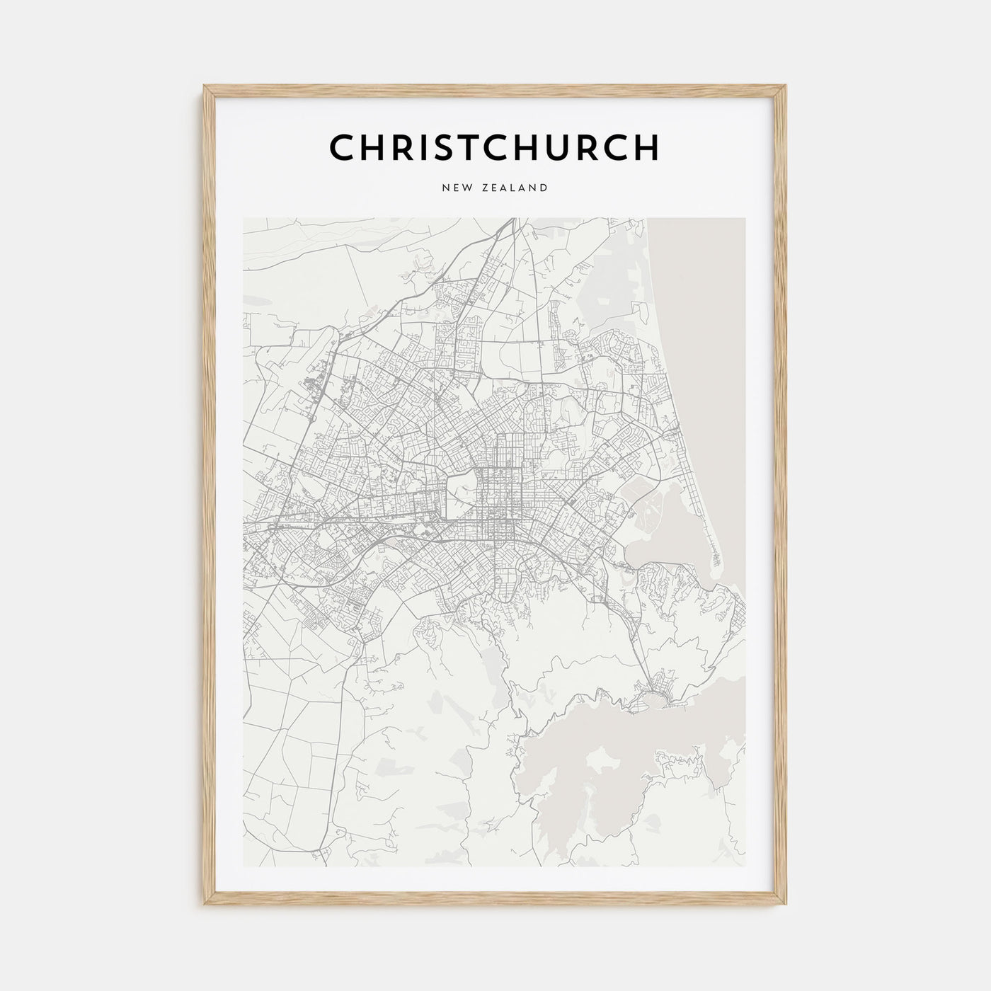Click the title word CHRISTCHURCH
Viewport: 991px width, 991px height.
click(494, 147)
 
